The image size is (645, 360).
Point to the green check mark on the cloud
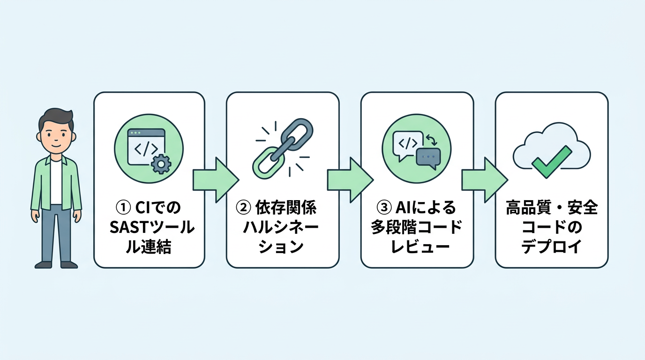pos(552,160)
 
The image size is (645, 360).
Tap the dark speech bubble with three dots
pos(428,157)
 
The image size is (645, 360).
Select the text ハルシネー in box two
pos(281,227)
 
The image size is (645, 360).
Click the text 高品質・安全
pos(552,207)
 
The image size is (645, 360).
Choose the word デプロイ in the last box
pos(552,247)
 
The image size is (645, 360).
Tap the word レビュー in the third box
pos(417,247)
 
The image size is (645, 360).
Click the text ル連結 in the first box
pos(149,247)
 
